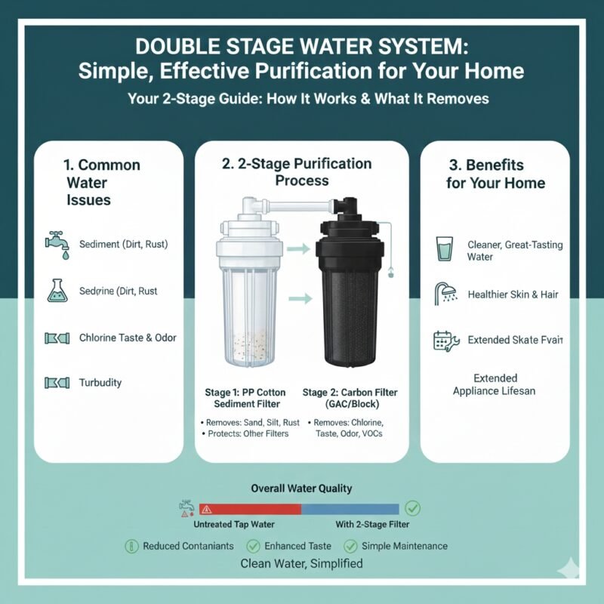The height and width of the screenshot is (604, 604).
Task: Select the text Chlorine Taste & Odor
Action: pos(128,337)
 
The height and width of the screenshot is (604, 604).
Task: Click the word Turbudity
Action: pos(100,383)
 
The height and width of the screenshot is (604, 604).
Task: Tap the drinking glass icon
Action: pos(445,249)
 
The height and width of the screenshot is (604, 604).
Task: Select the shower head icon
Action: pos(445,294)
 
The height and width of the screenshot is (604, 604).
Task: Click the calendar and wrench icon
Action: pos(445,340)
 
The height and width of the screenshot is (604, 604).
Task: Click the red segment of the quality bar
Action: pos(249,509)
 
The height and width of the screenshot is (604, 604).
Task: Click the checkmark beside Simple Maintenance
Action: pos(350,546)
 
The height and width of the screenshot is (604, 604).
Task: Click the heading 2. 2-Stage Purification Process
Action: pos(302,172)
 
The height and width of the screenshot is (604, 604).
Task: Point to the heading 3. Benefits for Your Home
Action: pos(495,174)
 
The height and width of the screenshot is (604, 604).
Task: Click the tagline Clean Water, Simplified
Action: pos(301,563)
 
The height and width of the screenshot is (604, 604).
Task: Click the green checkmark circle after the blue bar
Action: pos(413,508)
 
